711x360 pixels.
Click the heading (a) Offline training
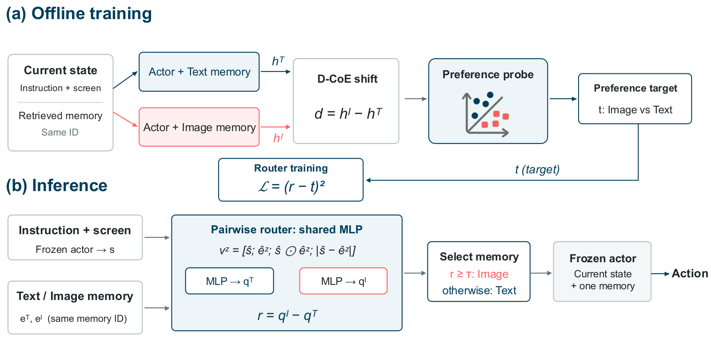79,14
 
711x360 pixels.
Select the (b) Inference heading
57,186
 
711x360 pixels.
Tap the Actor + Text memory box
199,72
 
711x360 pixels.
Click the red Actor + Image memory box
199,127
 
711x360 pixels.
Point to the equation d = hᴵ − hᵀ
348,113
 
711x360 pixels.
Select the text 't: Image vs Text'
635,110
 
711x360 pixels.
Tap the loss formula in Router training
291,186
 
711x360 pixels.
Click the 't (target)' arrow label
537,169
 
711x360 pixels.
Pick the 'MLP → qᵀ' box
229,281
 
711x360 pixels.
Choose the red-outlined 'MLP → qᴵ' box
344,281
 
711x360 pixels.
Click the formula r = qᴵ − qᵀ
288,315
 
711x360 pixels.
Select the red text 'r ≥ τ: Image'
479,274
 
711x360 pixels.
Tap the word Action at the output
690,273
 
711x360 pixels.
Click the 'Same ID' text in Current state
60,132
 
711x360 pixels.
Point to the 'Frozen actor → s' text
75,249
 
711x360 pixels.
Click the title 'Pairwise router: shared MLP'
287,229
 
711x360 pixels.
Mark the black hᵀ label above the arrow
278,61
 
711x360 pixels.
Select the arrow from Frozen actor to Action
660,274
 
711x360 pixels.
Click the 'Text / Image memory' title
75,296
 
